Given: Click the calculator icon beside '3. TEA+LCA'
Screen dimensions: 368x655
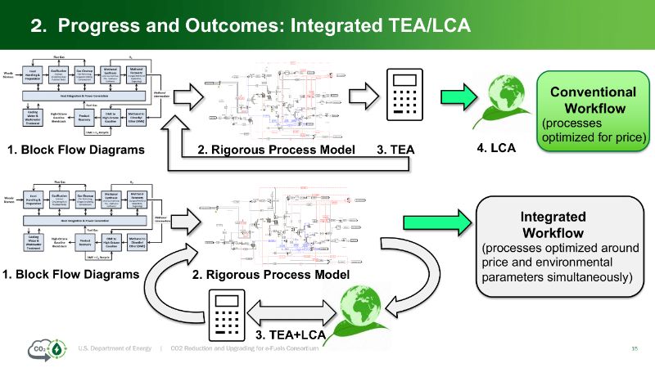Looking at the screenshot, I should [x=228, y=312].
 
